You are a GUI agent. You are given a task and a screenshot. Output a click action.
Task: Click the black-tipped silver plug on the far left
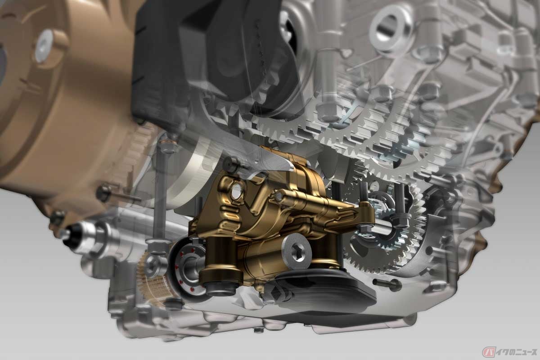coord(70,237)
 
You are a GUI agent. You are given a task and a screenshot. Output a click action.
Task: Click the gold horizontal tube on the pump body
coord(315,202)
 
